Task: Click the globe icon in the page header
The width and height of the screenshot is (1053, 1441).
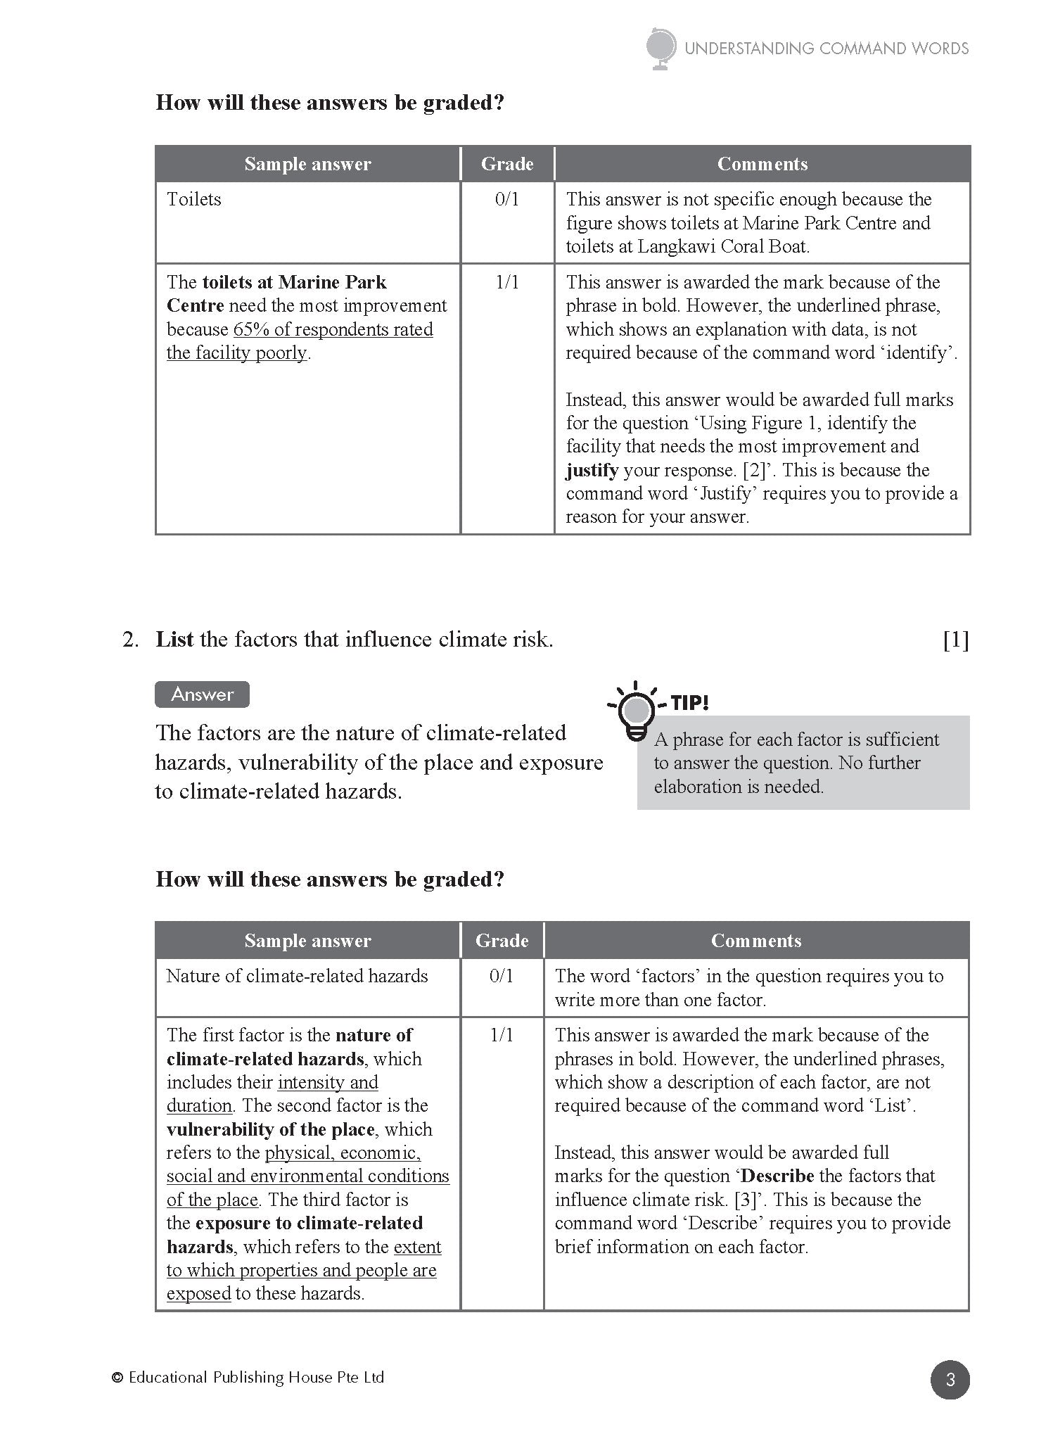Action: click(661, 49)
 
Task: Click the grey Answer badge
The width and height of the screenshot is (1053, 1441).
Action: click(202, 694)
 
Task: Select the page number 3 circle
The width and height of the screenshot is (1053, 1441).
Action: click(950, 1380)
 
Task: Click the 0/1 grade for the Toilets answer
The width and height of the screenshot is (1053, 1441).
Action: click(506, 199)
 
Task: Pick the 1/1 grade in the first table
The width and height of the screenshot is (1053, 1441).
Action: click(506, 282)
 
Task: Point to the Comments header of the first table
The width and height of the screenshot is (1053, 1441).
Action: click(762, 164)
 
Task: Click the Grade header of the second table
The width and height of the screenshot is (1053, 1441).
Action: click(502, 941)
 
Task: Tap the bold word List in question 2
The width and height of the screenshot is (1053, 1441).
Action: click(174, 640)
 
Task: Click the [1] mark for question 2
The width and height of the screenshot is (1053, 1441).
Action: click(955, 640)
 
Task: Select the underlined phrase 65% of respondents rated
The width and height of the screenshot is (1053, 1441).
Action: click(333, 329)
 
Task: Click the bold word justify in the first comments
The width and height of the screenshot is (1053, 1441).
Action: click(592, 470)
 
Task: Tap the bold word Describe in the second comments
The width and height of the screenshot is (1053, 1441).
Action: click(777, 1176)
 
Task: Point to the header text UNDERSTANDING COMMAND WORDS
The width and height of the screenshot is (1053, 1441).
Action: click(827, 49)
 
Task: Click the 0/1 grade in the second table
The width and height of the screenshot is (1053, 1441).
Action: click(501, 976)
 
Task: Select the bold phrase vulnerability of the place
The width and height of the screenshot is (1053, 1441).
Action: click(270, 1129)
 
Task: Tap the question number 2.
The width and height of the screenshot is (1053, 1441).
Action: click(129, 640)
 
